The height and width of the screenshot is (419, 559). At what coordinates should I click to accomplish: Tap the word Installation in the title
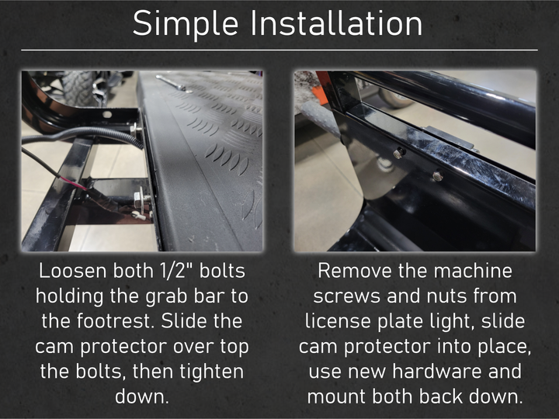(x=336, y=23)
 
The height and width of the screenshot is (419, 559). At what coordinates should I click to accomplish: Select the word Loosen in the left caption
(x=72, y=271)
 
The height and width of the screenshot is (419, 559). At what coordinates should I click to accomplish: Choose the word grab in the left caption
(x=166, y=296)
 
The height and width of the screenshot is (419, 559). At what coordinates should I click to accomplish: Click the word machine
(x=473, y=271)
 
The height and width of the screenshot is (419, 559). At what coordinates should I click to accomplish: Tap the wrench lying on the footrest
(x=171, y=83)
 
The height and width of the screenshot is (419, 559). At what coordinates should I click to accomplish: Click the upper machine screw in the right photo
(x=400, y=153)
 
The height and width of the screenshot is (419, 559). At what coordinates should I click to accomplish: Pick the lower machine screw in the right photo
(x=438, y=175)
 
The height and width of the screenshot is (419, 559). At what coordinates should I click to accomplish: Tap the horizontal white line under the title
(x=279, y=50)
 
